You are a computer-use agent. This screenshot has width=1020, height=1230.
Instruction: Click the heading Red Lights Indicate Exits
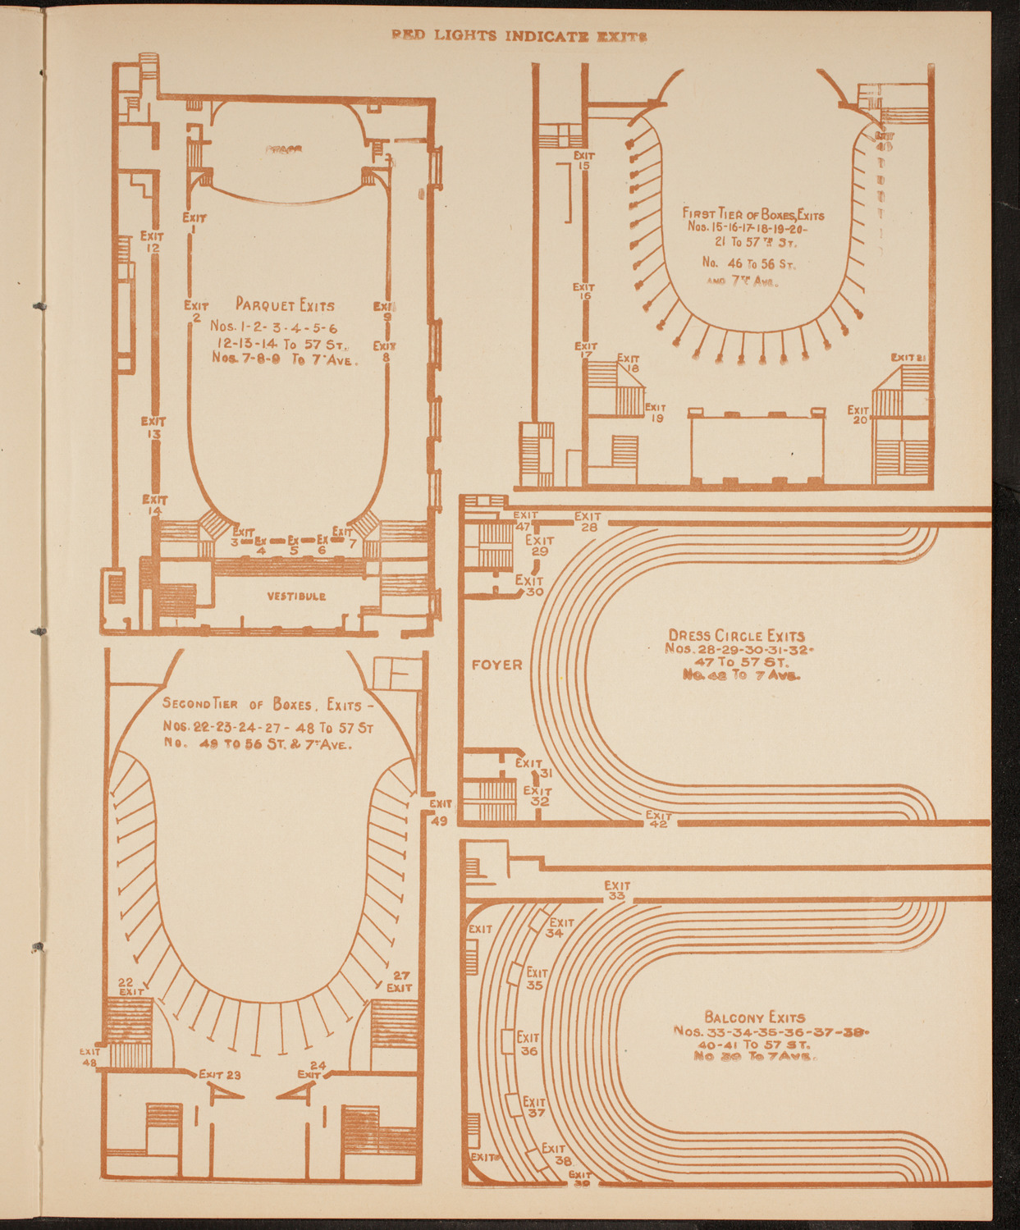coord(519,36)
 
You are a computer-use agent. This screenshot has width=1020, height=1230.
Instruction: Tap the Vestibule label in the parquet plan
coord(296,596)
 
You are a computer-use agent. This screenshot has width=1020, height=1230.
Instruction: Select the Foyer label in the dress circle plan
coord(496,664)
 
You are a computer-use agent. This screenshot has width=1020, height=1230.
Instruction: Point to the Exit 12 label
coord(153,241)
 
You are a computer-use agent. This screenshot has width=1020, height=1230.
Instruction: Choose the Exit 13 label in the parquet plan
coord(153,428)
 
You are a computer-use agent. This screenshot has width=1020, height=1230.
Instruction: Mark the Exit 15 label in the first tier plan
coord(584,160)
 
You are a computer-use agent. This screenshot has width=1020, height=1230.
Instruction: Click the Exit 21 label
coord(908,357)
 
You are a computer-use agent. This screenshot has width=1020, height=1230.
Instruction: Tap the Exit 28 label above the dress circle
coord(588,522)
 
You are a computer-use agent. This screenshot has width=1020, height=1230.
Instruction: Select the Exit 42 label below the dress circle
coord(658,819)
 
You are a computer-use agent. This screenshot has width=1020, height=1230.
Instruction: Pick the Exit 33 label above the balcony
coord(617,890)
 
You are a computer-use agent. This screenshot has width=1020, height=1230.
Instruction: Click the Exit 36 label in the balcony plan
coord(528,1044)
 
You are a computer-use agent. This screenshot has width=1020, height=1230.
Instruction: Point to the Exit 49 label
coord(439,812)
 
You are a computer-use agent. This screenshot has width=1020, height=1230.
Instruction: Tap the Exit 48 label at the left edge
coord(90,1056)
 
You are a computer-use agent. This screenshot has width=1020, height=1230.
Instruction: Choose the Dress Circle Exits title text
coord(736,635)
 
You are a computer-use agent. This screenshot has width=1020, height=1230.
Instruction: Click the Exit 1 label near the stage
coord(194,223)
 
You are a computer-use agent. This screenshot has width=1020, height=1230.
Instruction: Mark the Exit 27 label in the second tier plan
coord(400,981)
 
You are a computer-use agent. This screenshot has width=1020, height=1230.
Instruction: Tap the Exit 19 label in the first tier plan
coord(656,412)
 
